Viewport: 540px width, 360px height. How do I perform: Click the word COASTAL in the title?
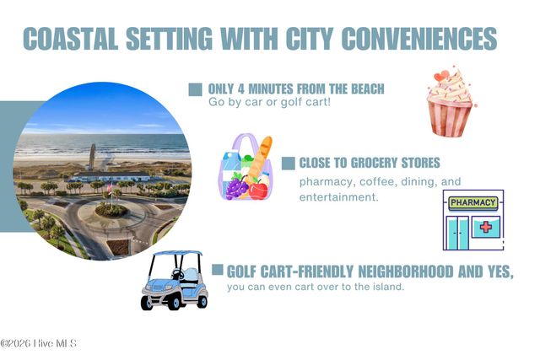(71, 38)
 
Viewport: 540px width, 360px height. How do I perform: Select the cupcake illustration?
(451, 101)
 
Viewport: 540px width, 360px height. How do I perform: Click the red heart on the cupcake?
(441, 75)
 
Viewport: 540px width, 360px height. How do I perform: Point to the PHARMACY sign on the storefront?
(473, 202)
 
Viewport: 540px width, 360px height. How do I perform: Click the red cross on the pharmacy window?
(486, 227)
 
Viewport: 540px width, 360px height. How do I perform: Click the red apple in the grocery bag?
(258, 191)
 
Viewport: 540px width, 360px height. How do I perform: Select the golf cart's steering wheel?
(178, 274)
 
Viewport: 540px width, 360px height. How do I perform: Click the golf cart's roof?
(178, 253)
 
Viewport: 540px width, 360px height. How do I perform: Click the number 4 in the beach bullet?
(241, 89)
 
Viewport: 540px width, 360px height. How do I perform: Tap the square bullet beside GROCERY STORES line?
(289, 164)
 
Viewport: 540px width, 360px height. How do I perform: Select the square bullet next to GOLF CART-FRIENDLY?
(218, 270)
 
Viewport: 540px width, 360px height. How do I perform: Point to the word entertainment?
(339, 197)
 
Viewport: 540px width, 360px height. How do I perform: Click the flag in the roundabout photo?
(110, 188)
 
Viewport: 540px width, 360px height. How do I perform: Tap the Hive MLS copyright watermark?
(38, 343)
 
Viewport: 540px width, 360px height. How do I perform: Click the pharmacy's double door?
(457, 233)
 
